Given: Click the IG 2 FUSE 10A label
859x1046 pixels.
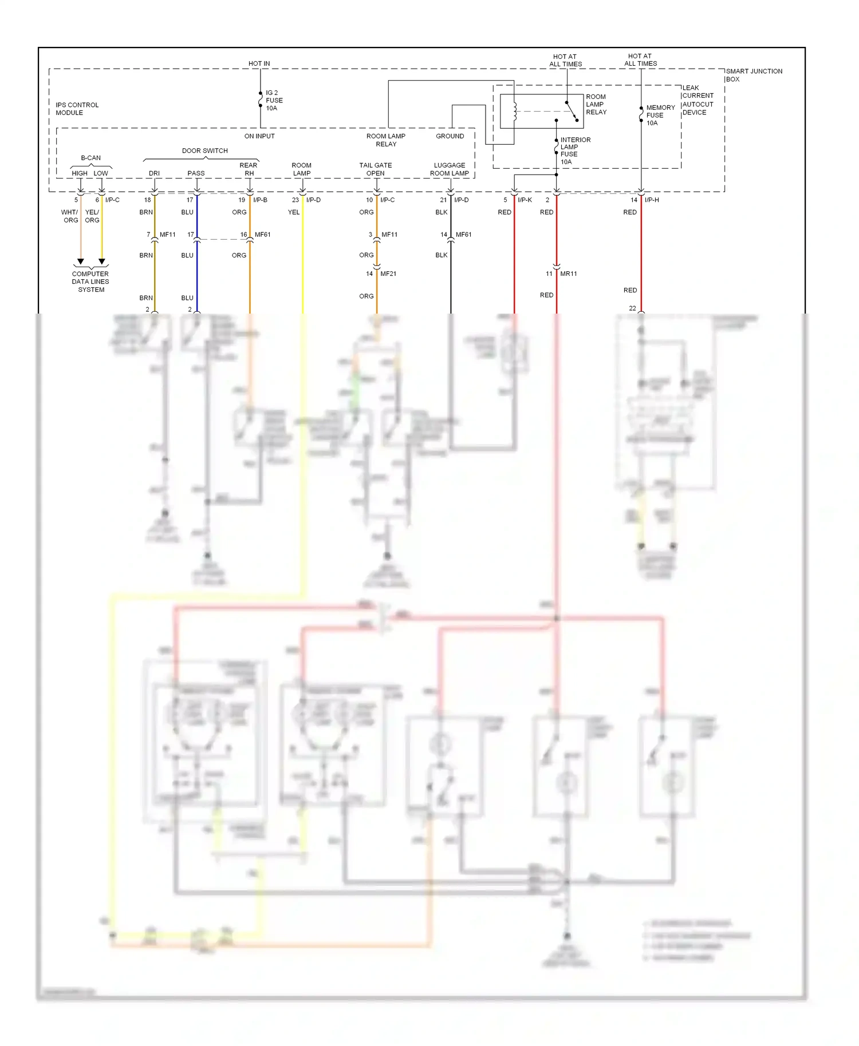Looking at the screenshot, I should point(274,100).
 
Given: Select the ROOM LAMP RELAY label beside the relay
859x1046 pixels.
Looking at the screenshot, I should point(596,105).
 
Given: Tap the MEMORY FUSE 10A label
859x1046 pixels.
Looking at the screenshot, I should point(660,115).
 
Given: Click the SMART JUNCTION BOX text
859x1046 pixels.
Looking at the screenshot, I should point(753,75).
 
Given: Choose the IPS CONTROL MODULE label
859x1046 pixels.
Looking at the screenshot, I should point(77,109).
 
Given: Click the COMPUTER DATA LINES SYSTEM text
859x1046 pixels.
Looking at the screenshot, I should point(90,282).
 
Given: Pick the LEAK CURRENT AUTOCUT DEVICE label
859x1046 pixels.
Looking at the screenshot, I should point(698,100).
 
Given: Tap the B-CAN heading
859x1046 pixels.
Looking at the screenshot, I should point(90,158).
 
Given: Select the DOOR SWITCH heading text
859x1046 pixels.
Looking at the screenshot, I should point(204,151).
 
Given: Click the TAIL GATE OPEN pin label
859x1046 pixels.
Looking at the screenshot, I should point(376,169).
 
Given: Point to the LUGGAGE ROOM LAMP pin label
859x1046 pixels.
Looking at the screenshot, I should point(450,169).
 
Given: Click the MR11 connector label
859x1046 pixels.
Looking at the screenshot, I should point(568,274).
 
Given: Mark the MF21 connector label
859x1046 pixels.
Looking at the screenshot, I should point(388,274).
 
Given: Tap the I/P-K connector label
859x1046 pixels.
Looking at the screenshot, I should point(525,200).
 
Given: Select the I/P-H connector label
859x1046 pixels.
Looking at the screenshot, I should point(652,200).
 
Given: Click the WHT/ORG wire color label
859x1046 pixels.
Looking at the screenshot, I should point(70,216).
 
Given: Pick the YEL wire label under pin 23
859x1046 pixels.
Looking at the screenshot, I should point(293,212).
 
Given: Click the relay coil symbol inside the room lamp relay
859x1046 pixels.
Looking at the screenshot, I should point(514,112).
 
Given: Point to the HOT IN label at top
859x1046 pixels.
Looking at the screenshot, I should point(259,64).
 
